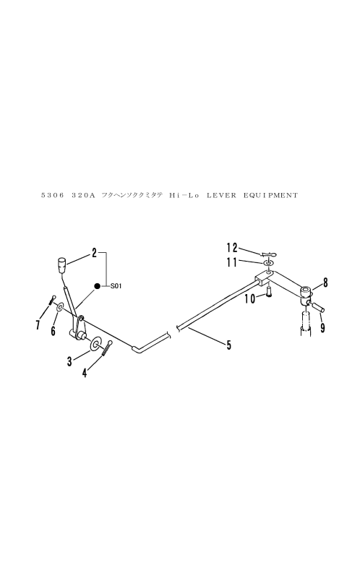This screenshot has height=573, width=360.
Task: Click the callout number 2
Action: (x=94, y=252)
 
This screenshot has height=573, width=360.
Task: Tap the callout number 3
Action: (x=69, y=361)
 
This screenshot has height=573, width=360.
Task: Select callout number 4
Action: (x=85, y=373)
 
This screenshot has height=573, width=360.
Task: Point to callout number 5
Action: (x=228, y=345)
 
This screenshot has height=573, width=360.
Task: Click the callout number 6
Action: (x=53, y=331)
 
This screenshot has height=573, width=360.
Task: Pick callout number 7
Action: (x=38, y=324)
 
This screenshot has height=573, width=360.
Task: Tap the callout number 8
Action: (x=325, y=283)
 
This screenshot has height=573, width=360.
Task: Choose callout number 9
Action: (x=322, y=328)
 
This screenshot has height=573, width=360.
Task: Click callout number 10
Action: (x=250, y=299)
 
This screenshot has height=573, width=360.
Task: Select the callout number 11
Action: (x=232, y=262)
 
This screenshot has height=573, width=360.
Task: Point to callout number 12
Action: (x=232, y=248)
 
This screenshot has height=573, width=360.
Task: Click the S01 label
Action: (x=116, y=286)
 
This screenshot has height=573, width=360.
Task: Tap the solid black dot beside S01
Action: (x=97, y=286)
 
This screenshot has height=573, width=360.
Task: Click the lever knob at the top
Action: (x=62, y=265)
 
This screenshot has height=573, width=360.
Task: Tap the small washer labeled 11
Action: (x=268, y=263)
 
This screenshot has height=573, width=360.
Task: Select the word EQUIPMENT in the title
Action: (x=271, y=196)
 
